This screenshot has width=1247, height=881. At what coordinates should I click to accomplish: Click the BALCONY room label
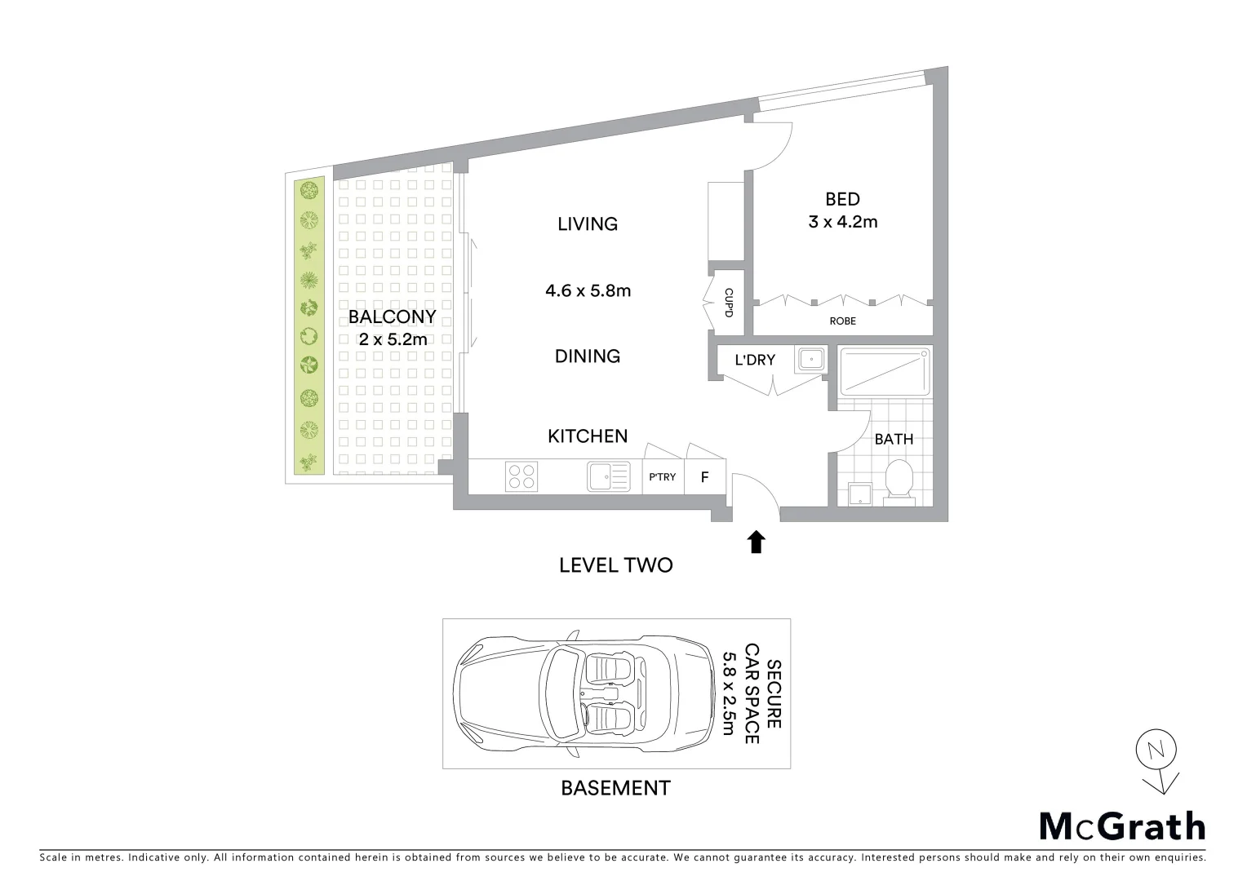pos(392,317)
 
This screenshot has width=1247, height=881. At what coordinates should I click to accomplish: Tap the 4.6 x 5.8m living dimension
pos(588,290)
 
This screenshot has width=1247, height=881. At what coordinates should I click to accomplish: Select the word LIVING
pos(588,224)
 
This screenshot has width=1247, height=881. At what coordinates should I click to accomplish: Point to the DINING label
pos(588,356)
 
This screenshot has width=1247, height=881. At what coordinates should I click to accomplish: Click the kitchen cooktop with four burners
pos(521,476)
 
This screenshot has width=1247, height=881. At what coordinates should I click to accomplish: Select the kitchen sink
pos(608,476)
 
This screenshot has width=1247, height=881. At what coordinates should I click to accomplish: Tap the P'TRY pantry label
pos(662,477)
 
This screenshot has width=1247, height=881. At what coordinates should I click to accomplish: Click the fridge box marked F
pos(704,477)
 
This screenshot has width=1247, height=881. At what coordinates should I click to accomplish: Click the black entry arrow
pos(756,542)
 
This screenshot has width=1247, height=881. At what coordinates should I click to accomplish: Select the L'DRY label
pos(755,360)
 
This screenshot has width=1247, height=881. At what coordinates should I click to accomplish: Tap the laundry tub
pos(811,359)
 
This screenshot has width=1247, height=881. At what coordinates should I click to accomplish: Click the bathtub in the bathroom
pos(885,372)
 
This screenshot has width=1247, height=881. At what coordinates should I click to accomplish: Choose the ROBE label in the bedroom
pos(842,321)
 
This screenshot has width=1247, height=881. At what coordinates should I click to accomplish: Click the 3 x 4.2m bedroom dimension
pos(842,222)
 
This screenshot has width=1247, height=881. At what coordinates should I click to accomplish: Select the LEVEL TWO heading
pos(615,565)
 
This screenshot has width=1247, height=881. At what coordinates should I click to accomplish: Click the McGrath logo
pos(1121,826)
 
